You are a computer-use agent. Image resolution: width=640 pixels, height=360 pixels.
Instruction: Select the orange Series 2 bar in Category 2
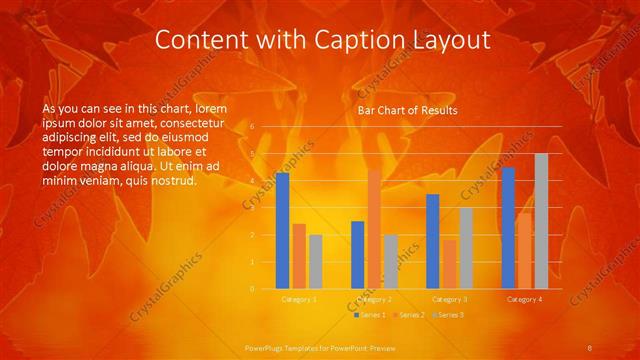click(x=374, y=229)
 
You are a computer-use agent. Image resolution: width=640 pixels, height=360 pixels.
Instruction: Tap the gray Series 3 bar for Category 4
click(x=541, y=221)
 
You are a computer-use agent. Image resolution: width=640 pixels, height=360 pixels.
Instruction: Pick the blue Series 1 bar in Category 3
click(x=433, y=241)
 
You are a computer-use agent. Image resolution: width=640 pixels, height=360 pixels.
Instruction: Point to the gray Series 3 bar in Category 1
click(x=316, y=262)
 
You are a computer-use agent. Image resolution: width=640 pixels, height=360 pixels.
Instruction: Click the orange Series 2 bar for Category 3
click(x=449, y=264)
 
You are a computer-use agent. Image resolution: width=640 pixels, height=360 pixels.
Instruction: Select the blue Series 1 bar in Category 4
click(x=508, y=228)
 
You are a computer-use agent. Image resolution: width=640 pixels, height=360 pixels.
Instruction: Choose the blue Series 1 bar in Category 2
click(x=358, y=255)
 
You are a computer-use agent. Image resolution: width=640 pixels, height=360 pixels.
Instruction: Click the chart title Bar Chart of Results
click(x=407, y=109)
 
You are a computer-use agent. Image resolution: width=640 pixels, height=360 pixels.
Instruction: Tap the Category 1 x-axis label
click(x=298, y=299)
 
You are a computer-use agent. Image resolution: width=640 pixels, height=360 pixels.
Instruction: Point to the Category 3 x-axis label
click(x=449, y=299)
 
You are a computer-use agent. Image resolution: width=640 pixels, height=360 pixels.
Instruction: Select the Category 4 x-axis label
click(x=525, y=299)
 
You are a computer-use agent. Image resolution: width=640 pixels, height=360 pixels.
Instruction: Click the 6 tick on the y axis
click(x=253, y=127)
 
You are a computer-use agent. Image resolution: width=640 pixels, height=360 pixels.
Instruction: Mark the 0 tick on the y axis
click(x=253, y=289)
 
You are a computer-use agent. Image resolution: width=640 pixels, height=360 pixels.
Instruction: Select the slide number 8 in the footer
click(x=590, y=347)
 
